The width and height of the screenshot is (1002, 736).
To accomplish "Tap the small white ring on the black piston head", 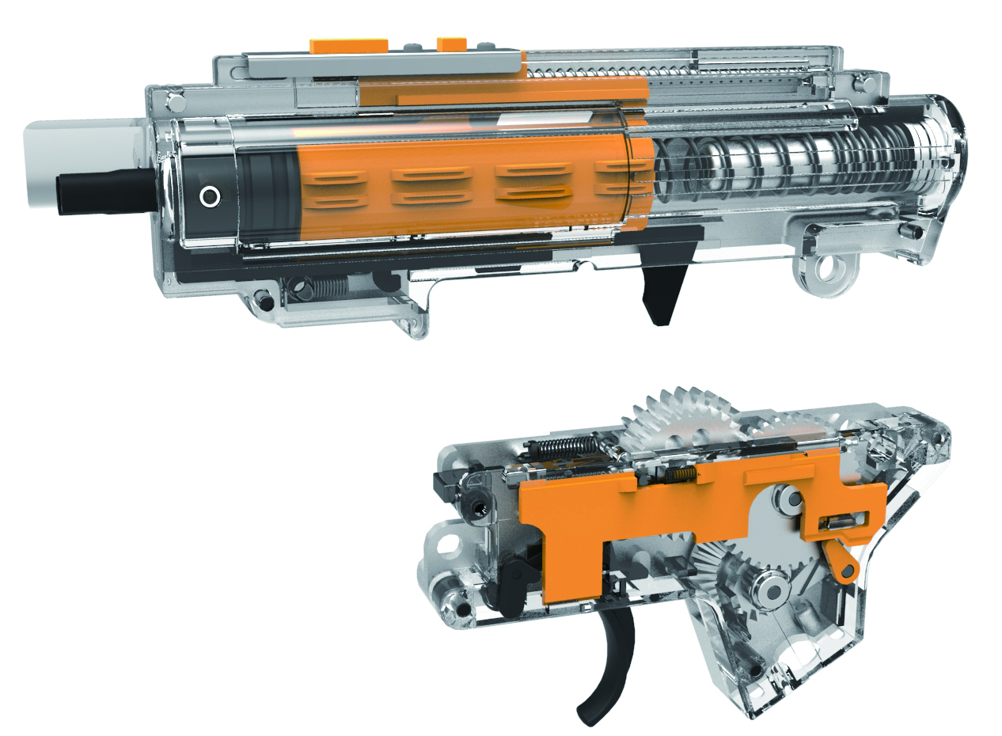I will (209, 195).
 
